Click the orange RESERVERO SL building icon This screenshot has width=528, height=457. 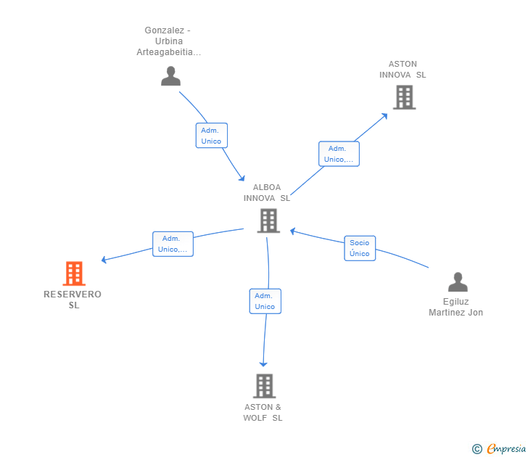click(74, 273)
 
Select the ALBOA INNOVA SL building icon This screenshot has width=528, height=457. click(268, 221)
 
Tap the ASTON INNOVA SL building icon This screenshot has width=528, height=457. click(405, 97)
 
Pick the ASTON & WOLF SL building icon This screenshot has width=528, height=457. click(264, 386)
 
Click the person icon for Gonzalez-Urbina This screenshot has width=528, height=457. click(170, 75)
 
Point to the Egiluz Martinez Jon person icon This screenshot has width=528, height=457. click(458, 282)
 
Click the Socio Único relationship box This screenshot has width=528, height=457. click(360, 248)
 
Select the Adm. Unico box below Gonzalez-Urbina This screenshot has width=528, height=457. click(212, 136)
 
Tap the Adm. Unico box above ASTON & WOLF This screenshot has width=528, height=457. click(265, 301)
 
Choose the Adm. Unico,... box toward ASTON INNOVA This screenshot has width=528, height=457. click(339, 154)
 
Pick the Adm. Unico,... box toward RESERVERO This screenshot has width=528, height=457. click(173, 244)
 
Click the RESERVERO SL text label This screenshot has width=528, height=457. click(73, 300)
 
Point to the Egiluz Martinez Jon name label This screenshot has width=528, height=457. click(456, 307)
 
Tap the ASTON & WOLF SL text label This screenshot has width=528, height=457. click(263, 413)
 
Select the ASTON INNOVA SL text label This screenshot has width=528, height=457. click(403, 70)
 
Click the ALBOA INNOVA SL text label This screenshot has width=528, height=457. click(267, 193)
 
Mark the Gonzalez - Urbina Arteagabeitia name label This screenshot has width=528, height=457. click(169, 41)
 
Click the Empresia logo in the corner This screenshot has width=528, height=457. click(499, 448)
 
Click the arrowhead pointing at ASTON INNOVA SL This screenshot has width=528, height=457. click(384, 116)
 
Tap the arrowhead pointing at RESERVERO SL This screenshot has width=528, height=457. click(104, 260)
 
